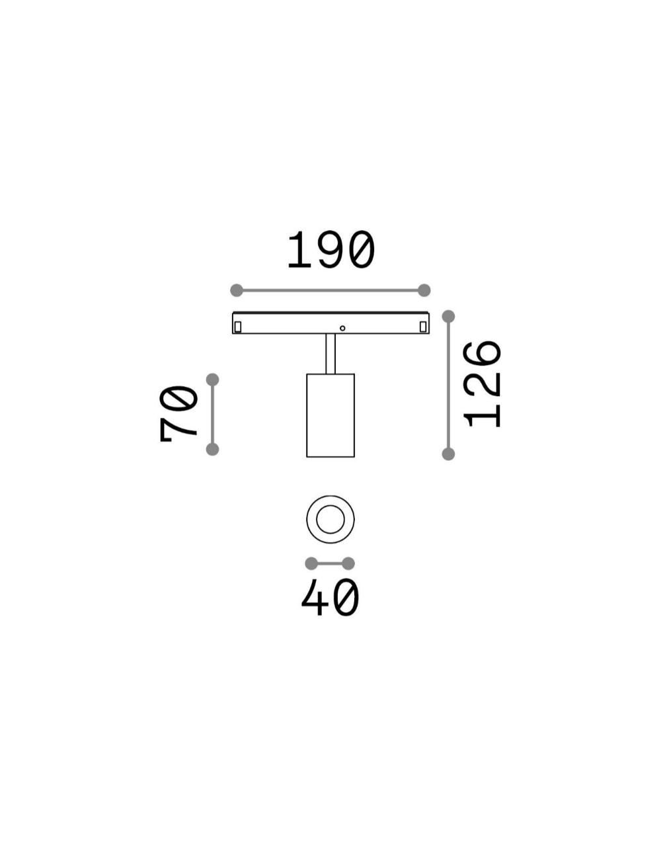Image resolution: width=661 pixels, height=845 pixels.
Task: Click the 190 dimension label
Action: (x=330, y=250)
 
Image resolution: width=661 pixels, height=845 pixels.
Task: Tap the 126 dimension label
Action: (x=483, y=385)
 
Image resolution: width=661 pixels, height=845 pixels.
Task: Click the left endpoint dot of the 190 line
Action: (x=237, y=290)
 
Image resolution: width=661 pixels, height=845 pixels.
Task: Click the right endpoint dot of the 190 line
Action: (x=424, y=290)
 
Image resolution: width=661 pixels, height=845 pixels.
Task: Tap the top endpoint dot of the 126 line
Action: (x=448, y=317)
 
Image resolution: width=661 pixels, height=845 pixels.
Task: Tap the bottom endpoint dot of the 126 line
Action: (x=448, y=454)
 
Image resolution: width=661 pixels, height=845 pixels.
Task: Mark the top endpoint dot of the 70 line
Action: (x=213, y=380)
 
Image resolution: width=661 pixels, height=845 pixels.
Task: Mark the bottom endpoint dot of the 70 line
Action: (x=213, y=450)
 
